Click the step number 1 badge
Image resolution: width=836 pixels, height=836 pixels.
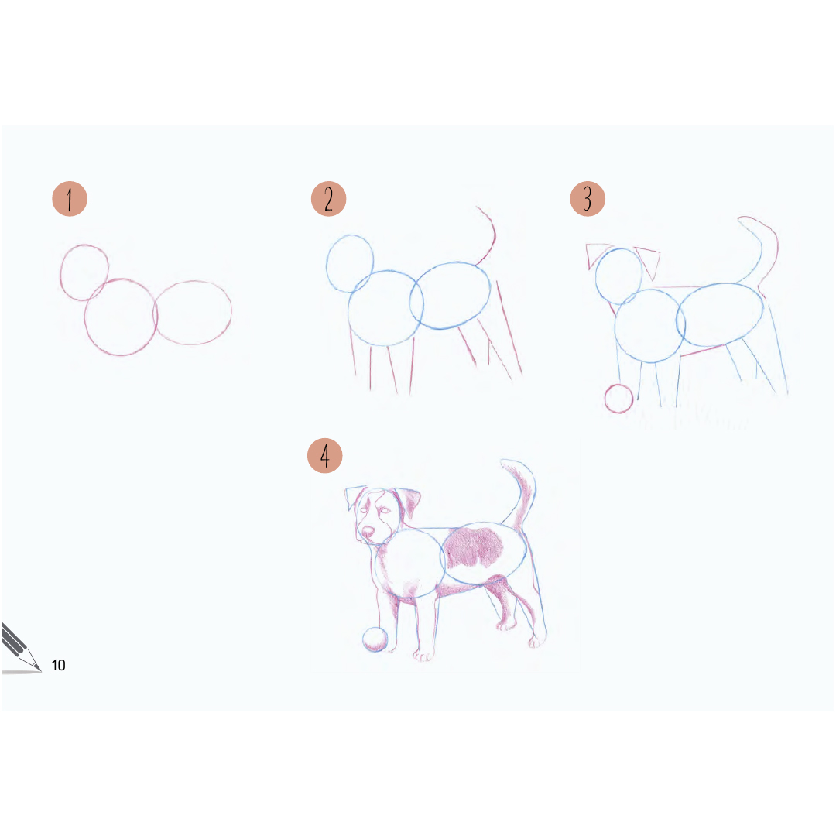pyautogui.click(x=70, y=199)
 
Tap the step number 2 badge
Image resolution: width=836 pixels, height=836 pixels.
pyautogui.click(x=328, y=199)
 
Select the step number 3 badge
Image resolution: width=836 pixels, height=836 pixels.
pyautogui.click(x=588, y=199)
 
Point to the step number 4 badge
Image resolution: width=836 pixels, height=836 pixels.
pyautogui.click(x=324, y=456)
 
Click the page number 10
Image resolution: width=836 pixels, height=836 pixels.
pyautogui.click(x=58, y=665)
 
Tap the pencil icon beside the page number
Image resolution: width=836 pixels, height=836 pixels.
pyautogui.click(x=20, y=648)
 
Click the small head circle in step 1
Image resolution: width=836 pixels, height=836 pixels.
pyautogui.click(x=60, y=272)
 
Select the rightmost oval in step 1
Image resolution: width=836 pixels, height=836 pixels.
pyautogui.click(x=231, y=312)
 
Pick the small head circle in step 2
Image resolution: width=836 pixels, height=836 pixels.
pyautogui.click(x=327, y=264)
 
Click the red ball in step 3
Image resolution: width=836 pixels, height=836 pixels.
pyautogui.click(x=619, y=399)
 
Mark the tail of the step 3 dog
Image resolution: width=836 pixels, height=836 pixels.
pyautogui.click(x=768, y=251)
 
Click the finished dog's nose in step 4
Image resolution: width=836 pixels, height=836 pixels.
pyautogui.click(x=368, y=532)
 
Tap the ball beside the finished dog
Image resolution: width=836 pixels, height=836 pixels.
pyautogui.click(x=375, y=639)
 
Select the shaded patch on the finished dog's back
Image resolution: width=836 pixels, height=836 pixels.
pyautogui.click(x=474, y=547)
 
